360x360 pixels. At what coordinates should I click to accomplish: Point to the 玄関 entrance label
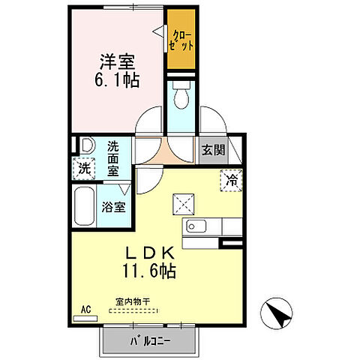pos(213,149)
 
